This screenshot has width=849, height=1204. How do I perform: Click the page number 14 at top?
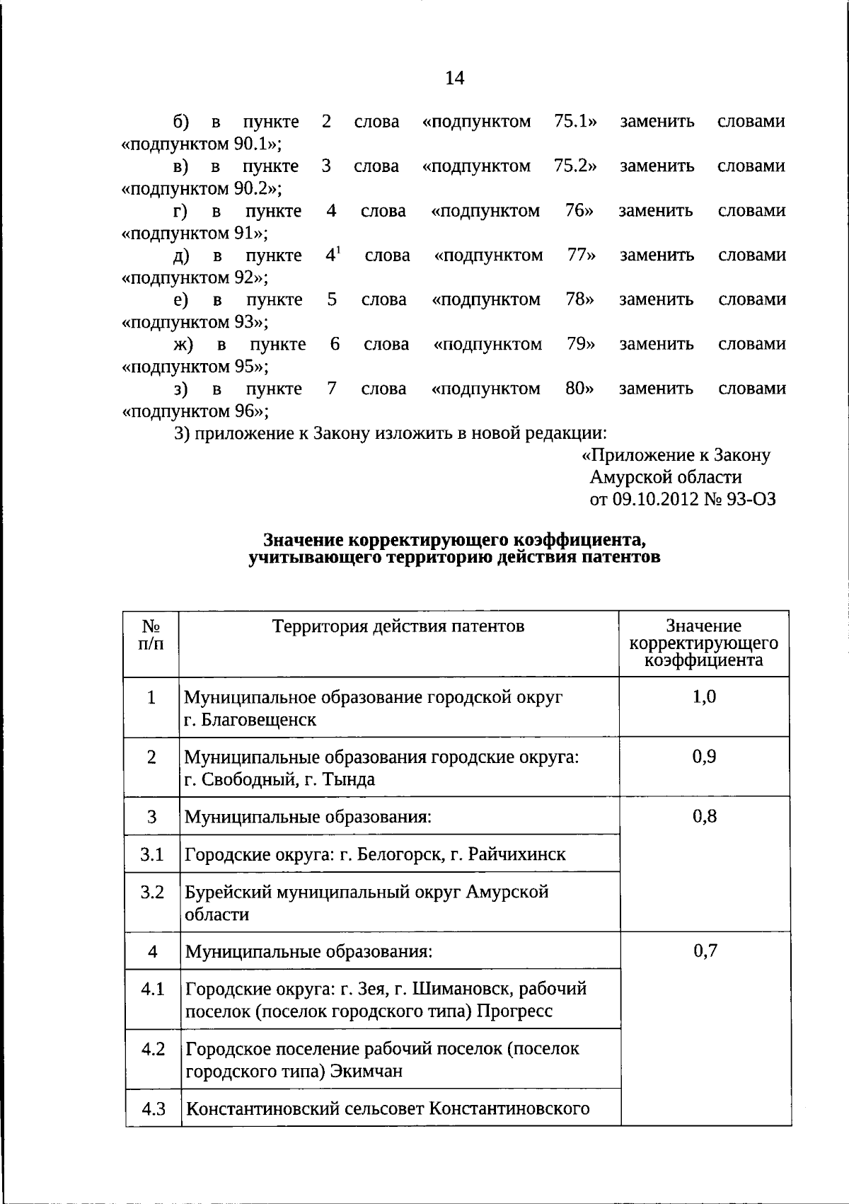(454, 78)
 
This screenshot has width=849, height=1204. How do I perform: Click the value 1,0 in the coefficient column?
(704, 696)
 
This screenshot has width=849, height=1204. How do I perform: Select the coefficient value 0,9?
(704, 757)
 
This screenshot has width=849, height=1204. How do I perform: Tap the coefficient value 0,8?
(704, 816)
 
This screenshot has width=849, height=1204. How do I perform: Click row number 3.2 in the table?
(152, 892)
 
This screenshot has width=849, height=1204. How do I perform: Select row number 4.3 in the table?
(153, 1108)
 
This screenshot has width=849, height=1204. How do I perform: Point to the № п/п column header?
(151, 635)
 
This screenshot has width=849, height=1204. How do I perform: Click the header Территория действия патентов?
(399, 626)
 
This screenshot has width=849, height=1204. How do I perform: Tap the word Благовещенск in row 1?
(259, 720)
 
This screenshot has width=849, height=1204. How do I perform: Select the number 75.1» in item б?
(575, 122)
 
